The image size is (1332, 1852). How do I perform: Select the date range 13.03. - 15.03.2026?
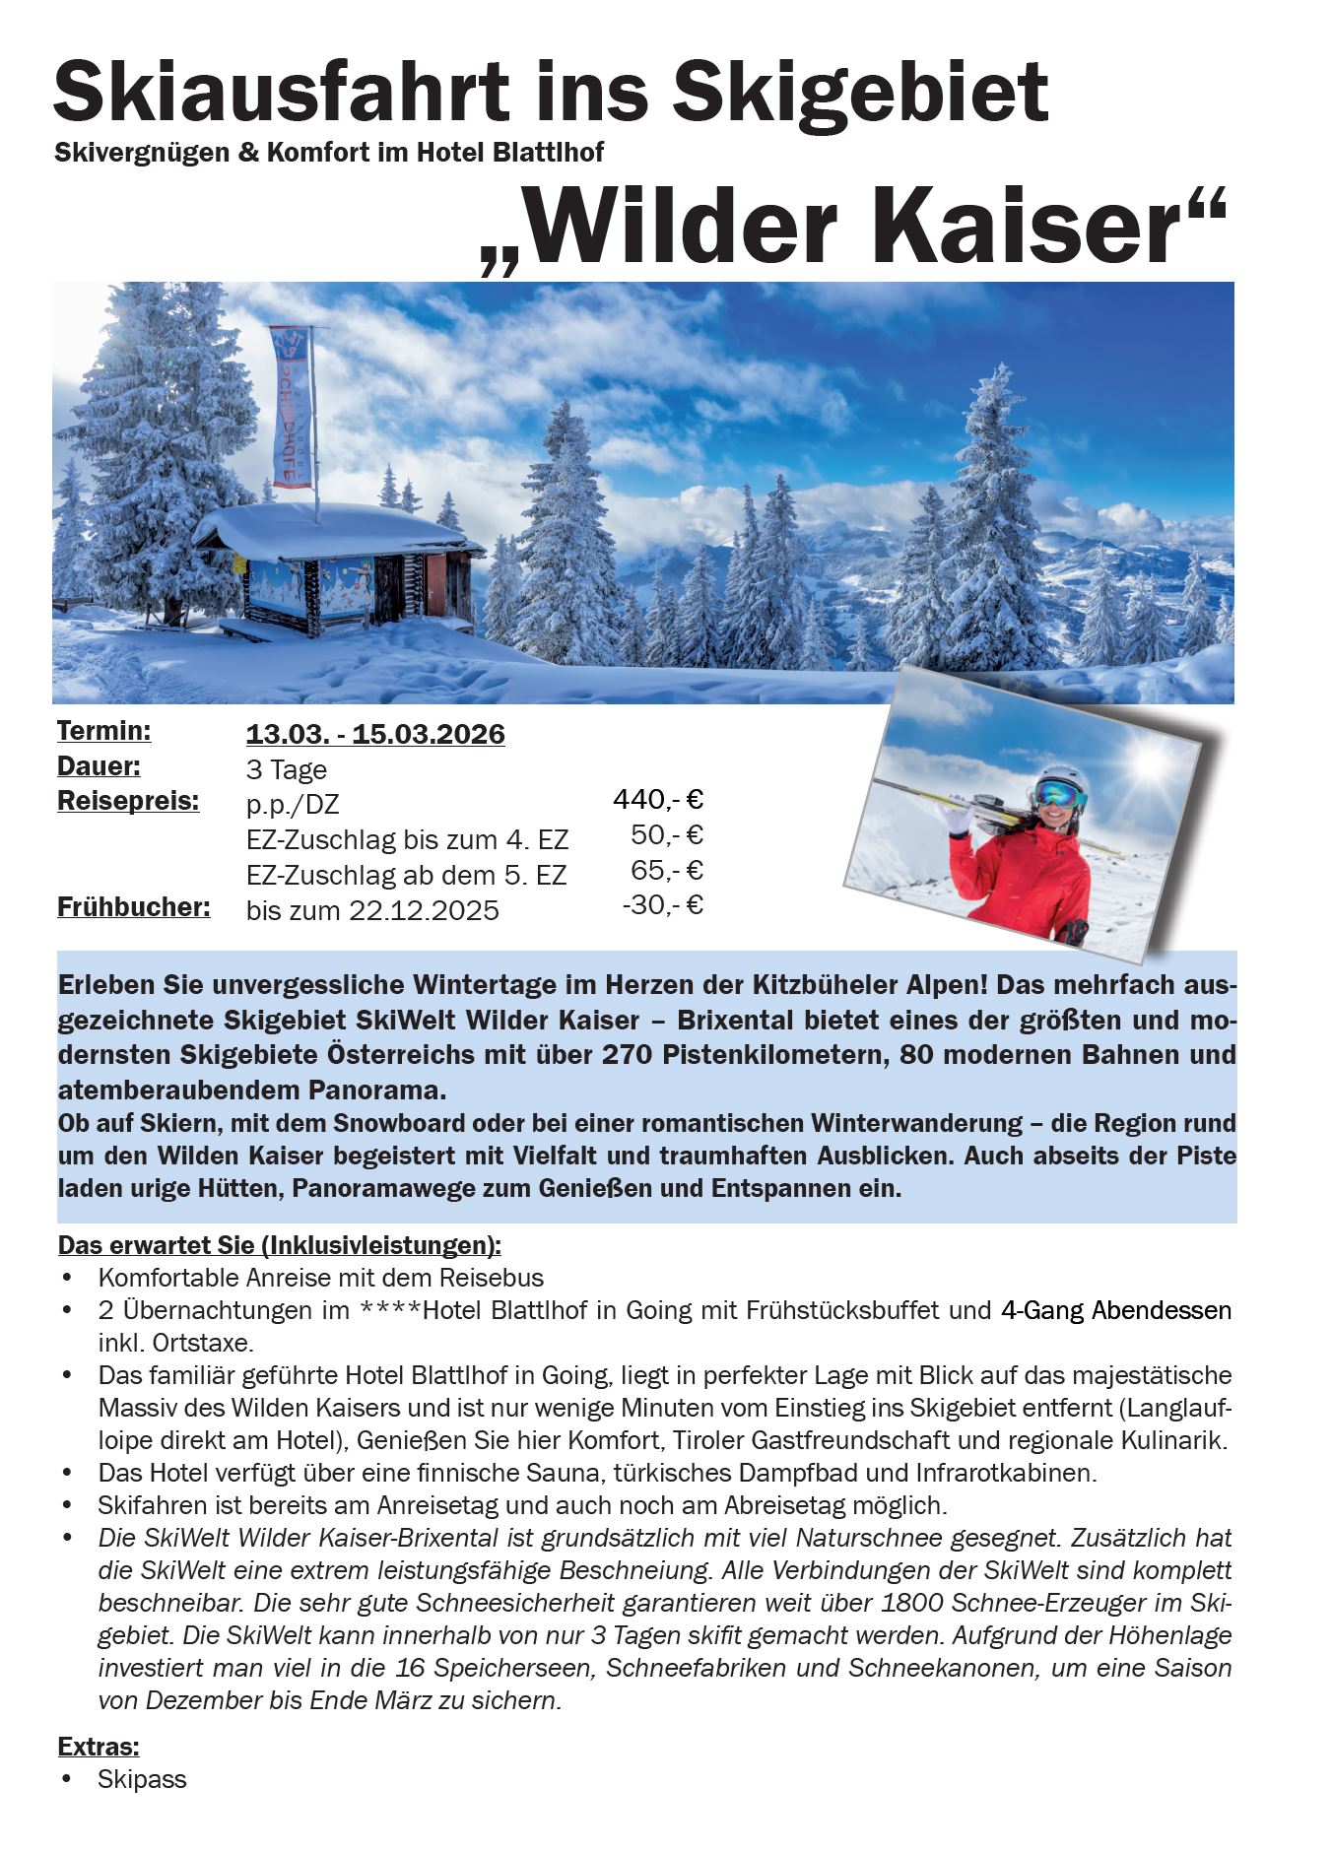click(375, 735)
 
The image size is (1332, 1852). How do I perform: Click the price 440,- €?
click(657, 799)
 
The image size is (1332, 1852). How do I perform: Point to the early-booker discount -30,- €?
click(662, 904)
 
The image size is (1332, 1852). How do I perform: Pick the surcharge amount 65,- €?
click(667, 871)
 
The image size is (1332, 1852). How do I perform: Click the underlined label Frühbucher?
click(134, 906)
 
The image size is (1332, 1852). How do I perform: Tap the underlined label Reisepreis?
click(128, 801)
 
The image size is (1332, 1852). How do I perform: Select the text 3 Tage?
click(287, 769)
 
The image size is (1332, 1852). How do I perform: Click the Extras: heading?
click(99, 1748)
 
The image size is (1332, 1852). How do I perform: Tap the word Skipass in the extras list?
click(142, 1780)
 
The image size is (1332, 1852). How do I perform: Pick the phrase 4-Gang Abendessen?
click(1115, 1310)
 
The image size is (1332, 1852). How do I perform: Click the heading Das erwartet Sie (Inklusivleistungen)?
click(280, 1245)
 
